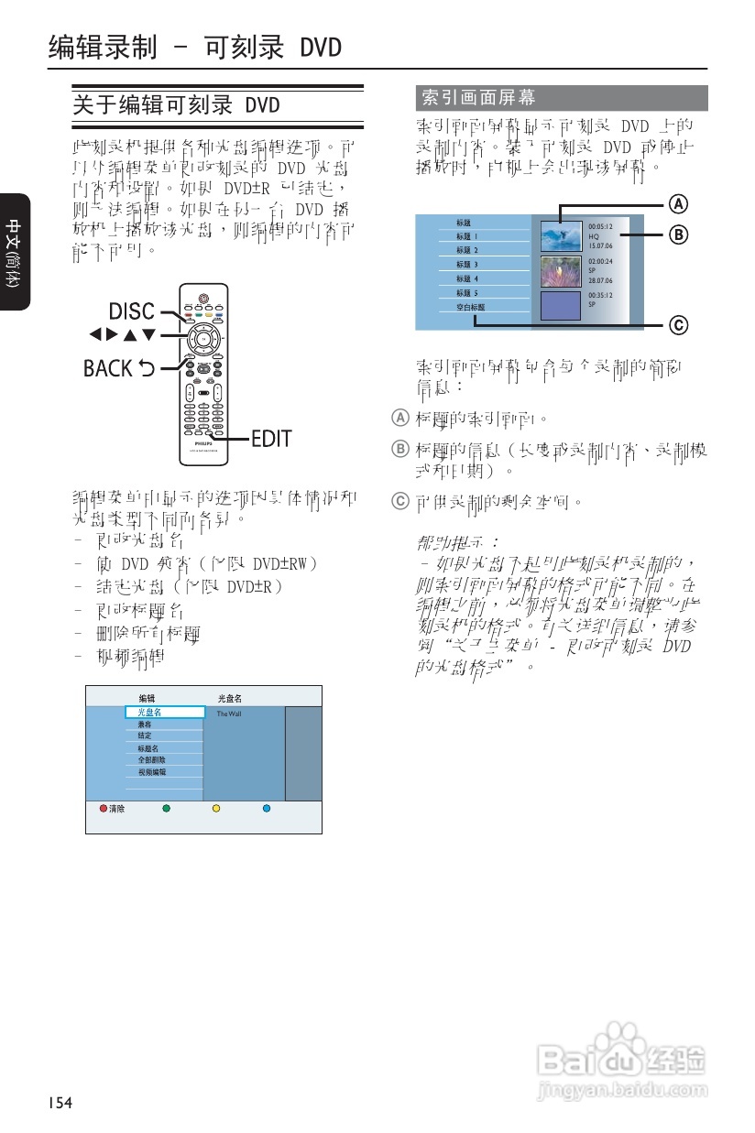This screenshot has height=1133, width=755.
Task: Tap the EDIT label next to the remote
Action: click(x=271, y=439)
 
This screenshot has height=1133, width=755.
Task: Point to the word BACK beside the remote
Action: click(x=108, y=368)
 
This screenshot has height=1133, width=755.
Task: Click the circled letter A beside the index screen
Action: click(x=676, y=202)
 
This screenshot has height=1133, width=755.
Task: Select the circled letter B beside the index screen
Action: click(x=676, y=235)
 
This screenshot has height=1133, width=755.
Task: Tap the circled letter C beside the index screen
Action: click(x=676, y=324)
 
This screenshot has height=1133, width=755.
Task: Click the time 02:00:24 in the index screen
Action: click(x=601, y=261)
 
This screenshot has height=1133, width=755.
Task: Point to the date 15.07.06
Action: click(x=601, y=245)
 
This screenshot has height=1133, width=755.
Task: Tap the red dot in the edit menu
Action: click(x=104, y=809)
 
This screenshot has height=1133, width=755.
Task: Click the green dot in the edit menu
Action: click(x=166, y=809)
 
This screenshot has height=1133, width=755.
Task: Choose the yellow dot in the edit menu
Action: click(x=216, y=809)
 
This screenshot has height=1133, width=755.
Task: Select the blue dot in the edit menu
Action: click(x=267, y=809)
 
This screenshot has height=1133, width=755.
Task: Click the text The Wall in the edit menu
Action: click(x=229, y=714)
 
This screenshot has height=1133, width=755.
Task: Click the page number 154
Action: click(x=60, y=1101)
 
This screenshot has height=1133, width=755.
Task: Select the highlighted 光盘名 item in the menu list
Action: click(x=165, y=712)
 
